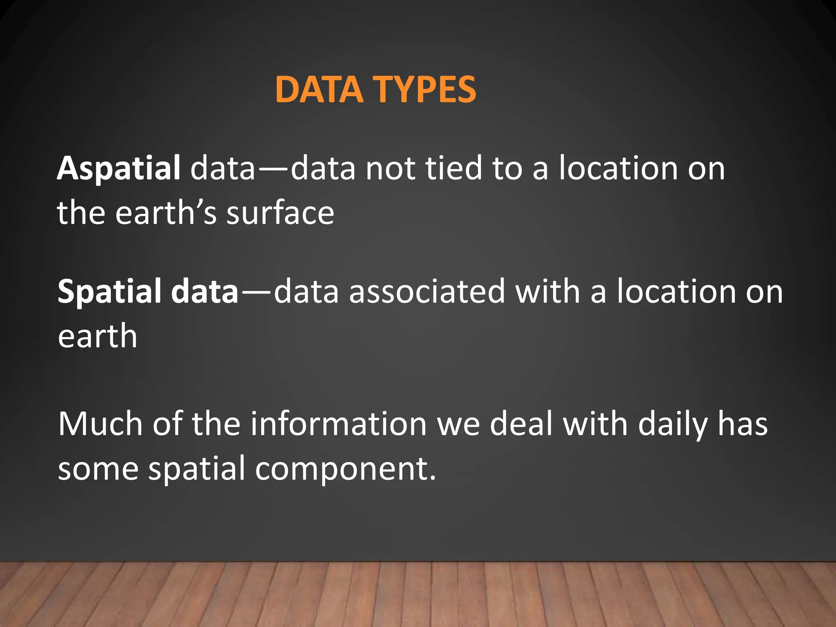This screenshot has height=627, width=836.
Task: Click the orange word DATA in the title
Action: (x=319, y=90)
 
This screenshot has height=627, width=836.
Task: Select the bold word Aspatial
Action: (x=118, y=168)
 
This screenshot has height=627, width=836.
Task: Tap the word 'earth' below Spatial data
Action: (x=97, y=336)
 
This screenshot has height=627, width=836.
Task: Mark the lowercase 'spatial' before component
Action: (x=196, y=469)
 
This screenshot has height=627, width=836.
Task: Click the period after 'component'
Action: (x=433, y=478)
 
